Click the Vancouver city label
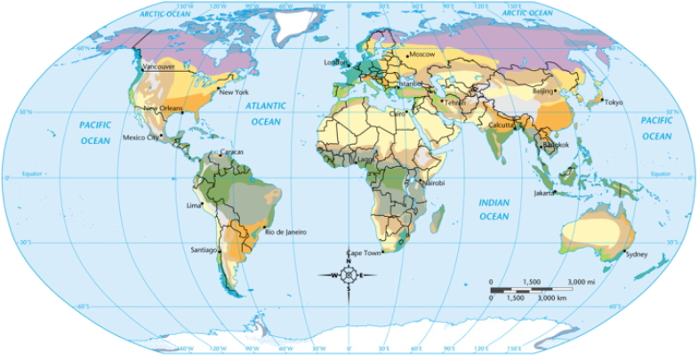coord(159,66)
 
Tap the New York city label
coord(234,92)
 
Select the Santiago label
coord(204,250)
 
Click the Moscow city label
coord(421,55)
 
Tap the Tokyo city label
coord(614,102)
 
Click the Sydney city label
coord(637,255)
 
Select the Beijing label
coord(542,91)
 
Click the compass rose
coord(348,275)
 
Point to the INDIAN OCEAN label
coord(493,209)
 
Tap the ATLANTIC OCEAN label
coord(266,113)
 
